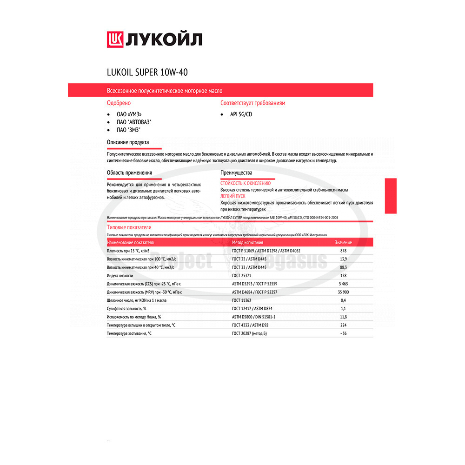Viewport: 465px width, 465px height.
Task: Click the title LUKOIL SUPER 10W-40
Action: [147, 73]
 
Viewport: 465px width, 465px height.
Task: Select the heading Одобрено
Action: [119, 103]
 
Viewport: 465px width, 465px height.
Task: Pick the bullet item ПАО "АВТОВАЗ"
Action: [134, 122]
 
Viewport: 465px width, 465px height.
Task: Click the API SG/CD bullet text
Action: [241, 114]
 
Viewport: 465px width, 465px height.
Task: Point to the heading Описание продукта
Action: [128, 142]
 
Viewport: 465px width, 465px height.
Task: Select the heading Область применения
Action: [129, 173]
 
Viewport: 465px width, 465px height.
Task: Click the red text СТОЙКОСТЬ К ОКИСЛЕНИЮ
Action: [245, 183]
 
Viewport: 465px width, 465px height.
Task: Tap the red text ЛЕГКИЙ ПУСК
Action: [233, 196]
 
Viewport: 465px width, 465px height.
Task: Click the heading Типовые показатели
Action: [129, 227]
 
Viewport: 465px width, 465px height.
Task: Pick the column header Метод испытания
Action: [247, 242]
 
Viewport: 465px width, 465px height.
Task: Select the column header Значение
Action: [343, 242]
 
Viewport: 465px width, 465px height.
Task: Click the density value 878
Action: [343, 251]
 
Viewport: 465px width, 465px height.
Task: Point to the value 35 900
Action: [343, 292]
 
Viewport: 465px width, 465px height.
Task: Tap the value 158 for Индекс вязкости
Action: [343, 275]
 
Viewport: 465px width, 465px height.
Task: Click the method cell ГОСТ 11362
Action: [243, 300]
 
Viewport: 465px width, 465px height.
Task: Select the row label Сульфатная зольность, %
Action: [126, 308]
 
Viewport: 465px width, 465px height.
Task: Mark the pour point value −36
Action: [343, 333]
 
